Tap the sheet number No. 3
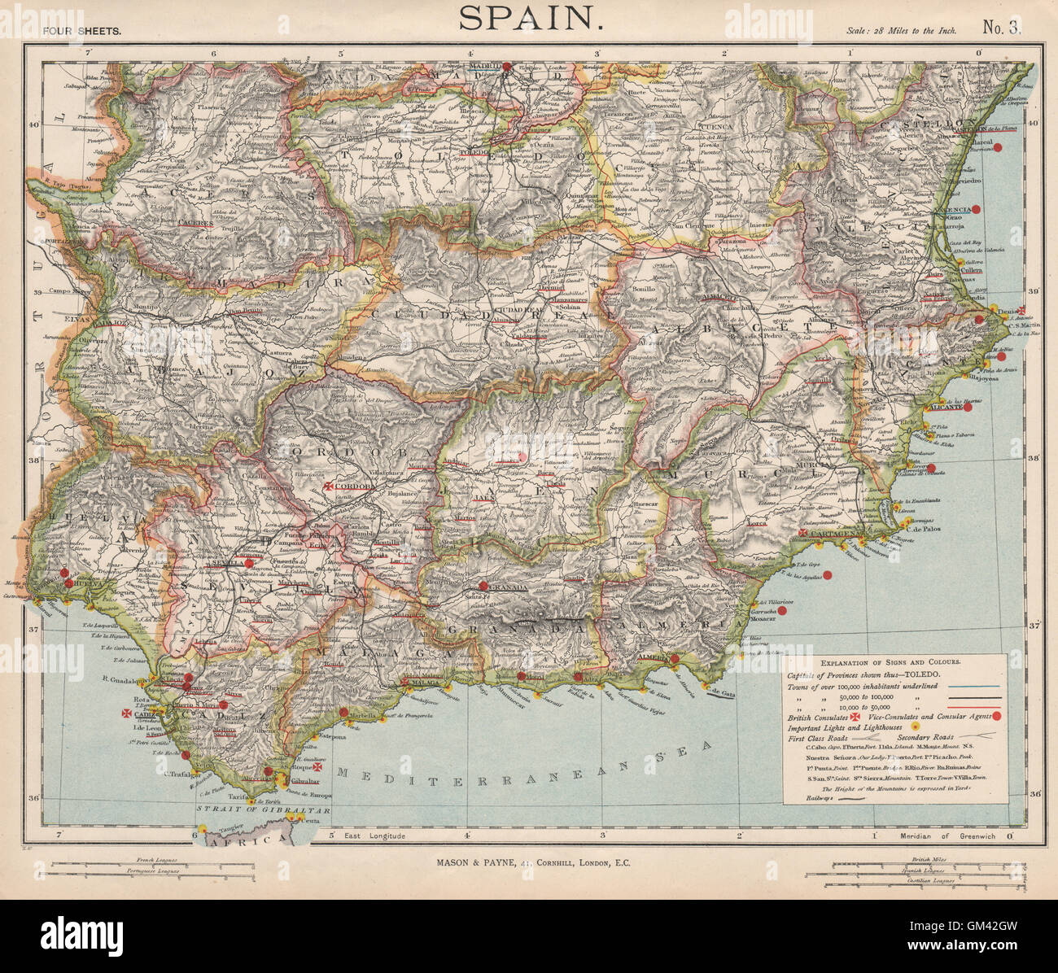[x=1000, y=28]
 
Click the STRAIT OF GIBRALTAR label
[x=263, y=811]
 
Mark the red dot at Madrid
[x=506, y=67]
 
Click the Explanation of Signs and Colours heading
[x=896, y=661]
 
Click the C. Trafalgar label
[x=181, y=774]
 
